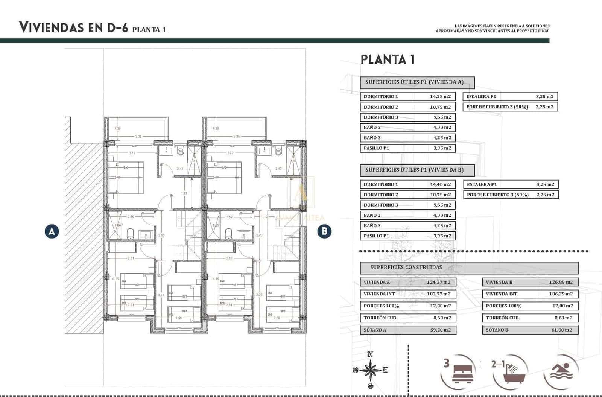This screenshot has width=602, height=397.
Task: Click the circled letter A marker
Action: coord(52,231)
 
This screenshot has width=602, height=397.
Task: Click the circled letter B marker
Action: coord(324,231)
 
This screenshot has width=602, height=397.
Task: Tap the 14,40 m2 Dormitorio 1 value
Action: coord(440,184)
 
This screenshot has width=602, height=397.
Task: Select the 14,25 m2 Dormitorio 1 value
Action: coord(440,97)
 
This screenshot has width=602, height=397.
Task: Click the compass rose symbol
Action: coord(371,370)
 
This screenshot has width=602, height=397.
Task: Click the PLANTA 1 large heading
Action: coord(388,59)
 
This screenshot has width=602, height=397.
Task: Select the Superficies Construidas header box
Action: coord(469,268)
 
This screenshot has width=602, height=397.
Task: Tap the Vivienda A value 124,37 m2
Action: coord(439,282)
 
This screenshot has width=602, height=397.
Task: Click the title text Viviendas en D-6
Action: coord(74,27)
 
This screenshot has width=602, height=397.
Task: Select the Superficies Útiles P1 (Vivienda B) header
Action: coord(417,170)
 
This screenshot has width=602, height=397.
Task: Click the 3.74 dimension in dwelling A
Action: coord(161,295)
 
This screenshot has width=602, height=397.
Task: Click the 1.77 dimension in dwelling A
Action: coord(184,193)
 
